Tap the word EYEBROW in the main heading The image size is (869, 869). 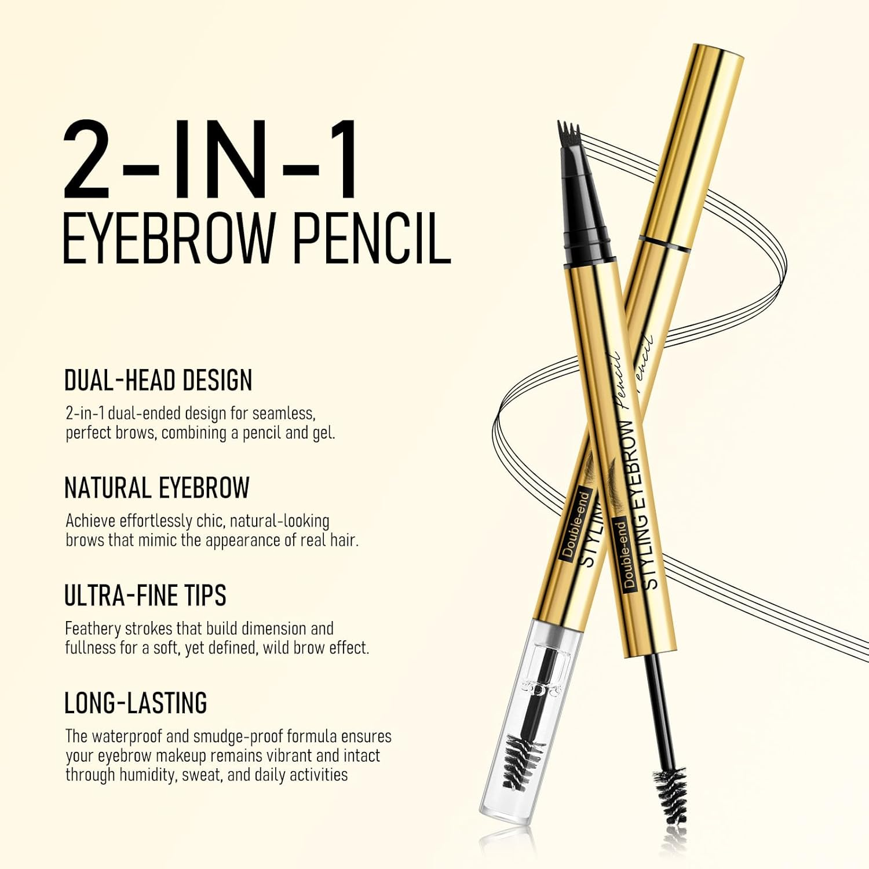168,239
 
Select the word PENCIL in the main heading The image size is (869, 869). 371,239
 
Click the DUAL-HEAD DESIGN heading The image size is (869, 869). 158,381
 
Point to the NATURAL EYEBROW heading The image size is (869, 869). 156,488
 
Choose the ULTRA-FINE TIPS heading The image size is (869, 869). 145,596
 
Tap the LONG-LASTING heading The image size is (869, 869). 136,703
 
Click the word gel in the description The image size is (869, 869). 323,433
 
